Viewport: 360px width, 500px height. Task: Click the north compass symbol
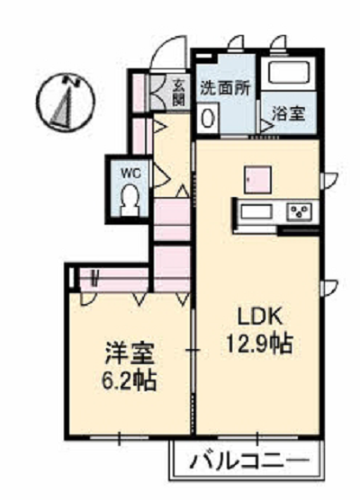pos(65,102)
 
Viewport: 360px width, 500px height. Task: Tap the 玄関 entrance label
pos(179,93)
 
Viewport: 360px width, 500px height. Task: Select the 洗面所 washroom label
pos(225,88)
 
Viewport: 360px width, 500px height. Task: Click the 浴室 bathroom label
pos(289,113)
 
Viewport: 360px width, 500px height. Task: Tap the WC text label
pos(130,174)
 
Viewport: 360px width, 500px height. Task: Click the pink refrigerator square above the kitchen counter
pos(258,180)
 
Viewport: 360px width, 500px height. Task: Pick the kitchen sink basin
pos(256,211)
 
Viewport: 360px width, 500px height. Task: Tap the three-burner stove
pos(300,211)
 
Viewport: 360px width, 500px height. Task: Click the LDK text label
pos(259,317)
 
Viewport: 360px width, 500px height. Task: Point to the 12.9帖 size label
pos(260,344)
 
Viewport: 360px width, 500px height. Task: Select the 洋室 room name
pos(130,353)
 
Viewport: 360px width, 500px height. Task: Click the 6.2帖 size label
pos(129,380)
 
